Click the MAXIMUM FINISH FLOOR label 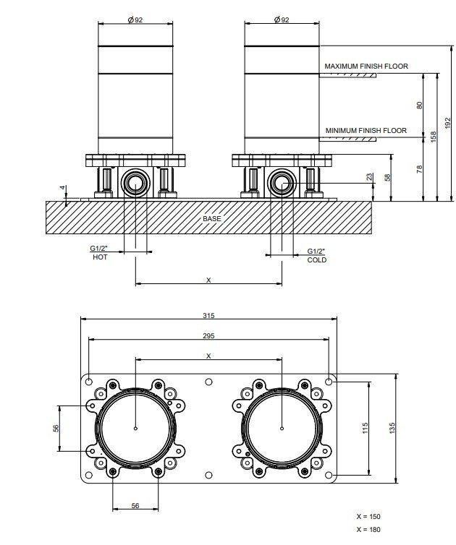pos(366,66)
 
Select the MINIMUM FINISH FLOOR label pos(366,131)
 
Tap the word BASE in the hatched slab pos(211,218)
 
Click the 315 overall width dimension pos(208,316)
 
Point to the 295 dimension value pos(208,336)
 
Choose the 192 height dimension pos(447,123)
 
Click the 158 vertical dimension pos(434,137)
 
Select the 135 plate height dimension pos(392,427)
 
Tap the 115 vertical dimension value pos(365,427)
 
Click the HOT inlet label pos(100,257)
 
